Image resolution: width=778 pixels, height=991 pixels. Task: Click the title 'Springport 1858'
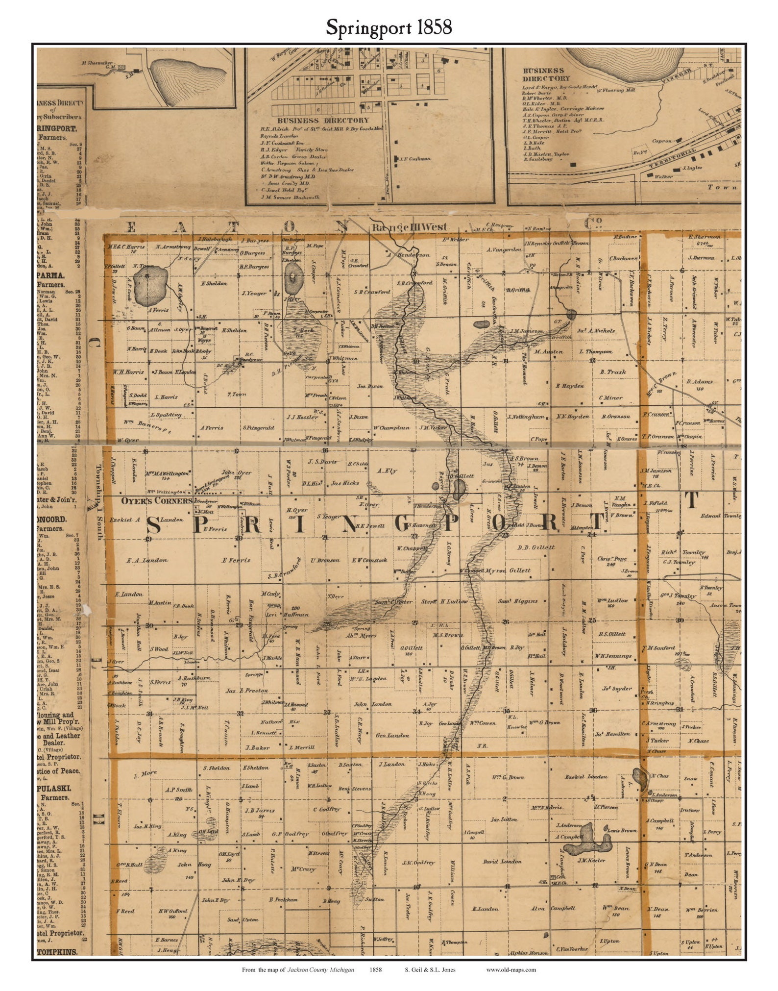(389, 27)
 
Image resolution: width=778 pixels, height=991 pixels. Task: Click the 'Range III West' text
(409, 227)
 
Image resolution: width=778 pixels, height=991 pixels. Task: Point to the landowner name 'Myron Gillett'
(508, 570)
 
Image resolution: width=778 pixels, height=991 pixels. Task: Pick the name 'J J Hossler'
(302, 417)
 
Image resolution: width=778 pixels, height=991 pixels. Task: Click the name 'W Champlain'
(391, 428)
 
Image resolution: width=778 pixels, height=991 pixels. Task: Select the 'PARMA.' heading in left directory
(50, 275)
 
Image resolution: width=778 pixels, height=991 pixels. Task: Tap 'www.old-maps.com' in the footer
(511, 969)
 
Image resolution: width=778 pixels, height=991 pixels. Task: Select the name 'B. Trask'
(613, 372)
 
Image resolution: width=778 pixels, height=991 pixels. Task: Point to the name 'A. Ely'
(387, 471)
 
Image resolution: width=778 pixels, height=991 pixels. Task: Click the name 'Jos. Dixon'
(370, 386)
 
